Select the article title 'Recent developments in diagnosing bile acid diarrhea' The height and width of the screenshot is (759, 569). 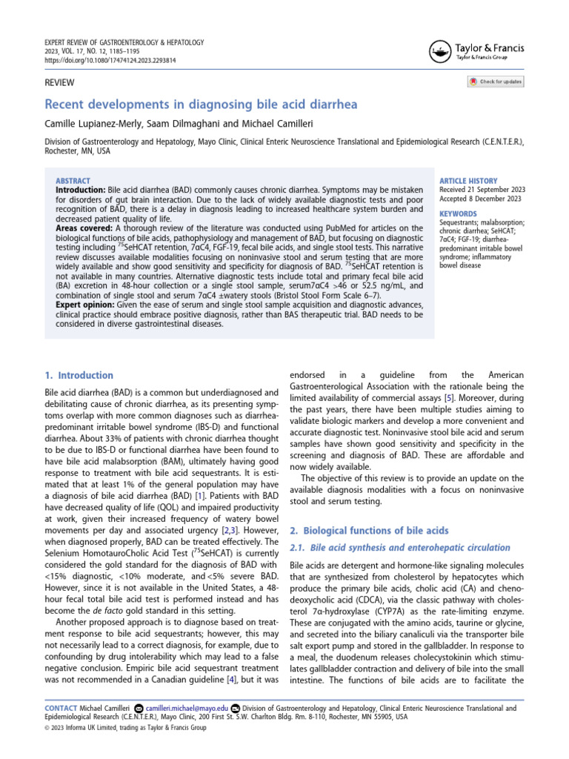201,105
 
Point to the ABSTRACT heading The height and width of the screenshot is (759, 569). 73,180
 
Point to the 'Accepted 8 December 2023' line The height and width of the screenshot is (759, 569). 481,199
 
